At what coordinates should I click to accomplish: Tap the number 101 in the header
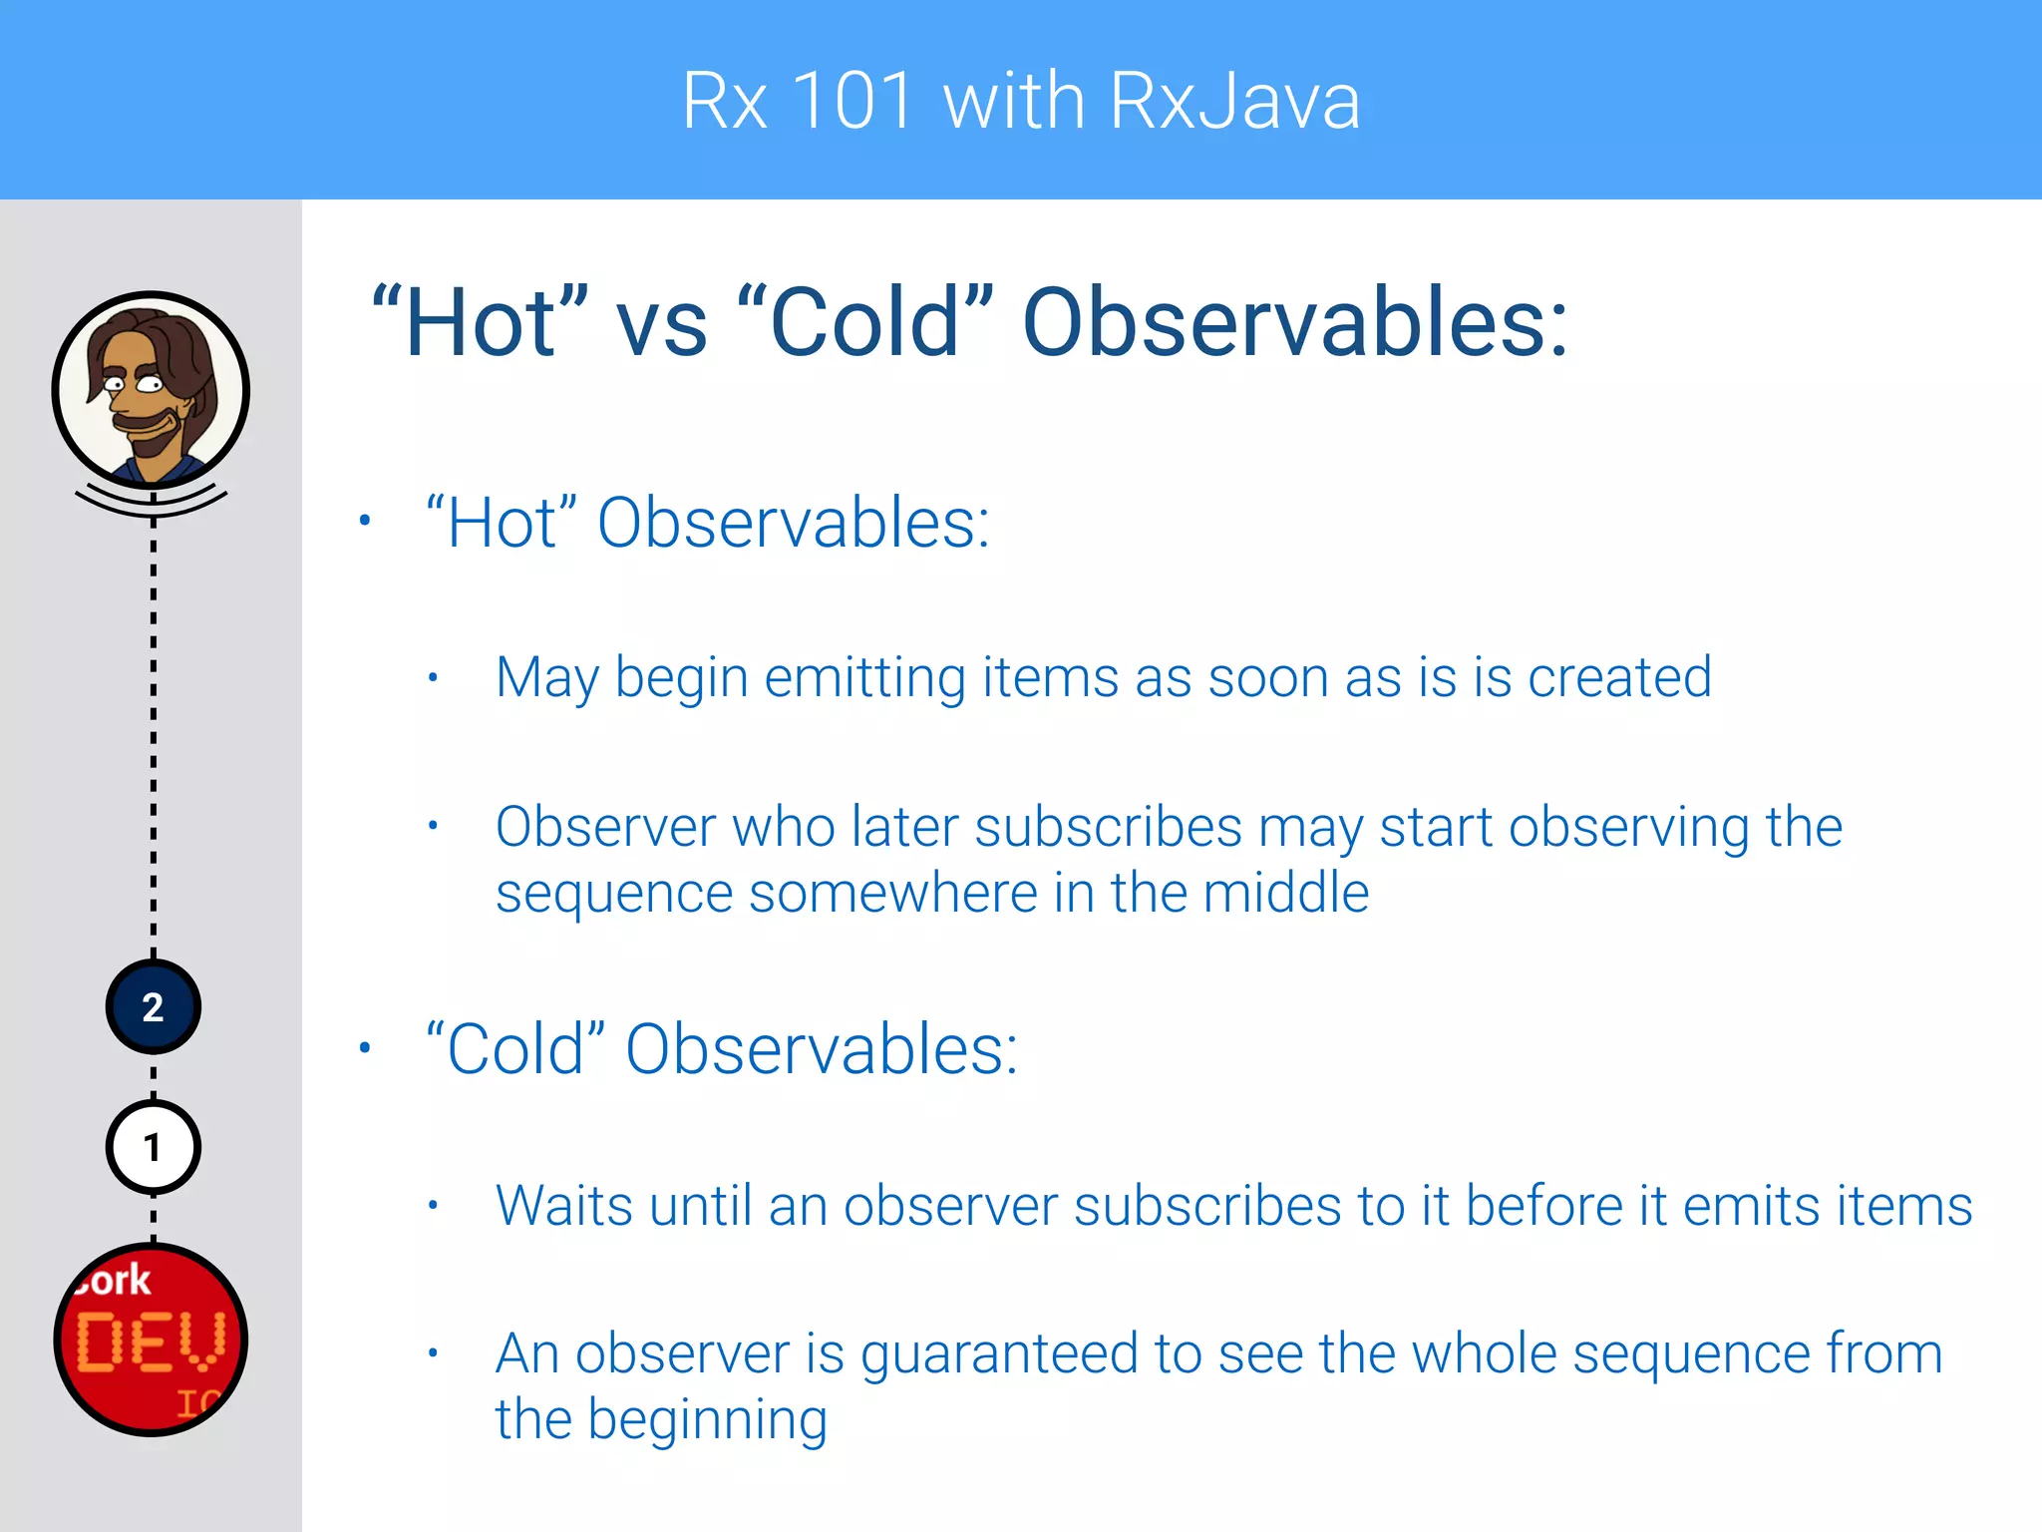pos(853,101)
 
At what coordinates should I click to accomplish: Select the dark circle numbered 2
pos(153,1007)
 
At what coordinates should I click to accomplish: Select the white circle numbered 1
pos(153,1148)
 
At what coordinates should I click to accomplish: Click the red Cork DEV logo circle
pos(152,1340)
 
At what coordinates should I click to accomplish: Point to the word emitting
pos(865,678)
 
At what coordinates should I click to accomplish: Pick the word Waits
pos(564,1206)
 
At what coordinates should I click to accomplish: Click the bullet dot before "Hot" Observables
pos(365,521)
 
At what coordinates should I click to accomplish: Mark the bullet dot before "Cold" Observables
pos(365,1047)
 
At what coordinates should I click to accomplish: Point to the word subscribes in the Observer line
pos(1108,828)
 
